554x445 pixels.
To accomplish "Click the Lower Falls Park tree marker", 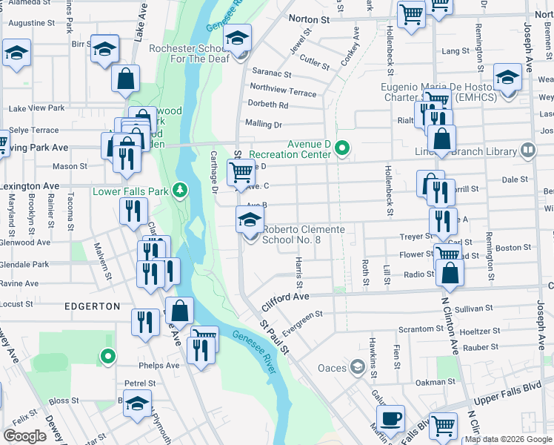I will click(178, 191).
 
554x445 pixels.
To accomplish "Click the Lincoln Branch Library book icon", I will click(527, 151).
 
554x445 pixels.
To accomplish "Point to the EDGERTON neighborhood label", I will click(92, 306).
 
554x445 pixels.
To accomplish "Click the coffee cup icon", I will click(390, 418).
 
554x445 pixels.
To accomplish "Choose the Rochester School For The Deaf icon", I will click(238, 38).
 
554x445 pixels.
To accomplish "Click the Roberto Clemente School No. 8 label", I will click(304, 234).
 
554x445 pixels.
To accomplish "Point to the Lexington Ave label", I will click(30, 185).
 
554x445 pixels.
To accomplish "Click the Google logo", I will click(25, 435).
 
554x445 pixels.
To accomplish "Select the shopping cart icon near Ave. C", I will click(241, 172).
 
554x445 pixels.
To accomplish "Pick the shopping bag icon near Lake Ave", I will click(127, 78).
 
